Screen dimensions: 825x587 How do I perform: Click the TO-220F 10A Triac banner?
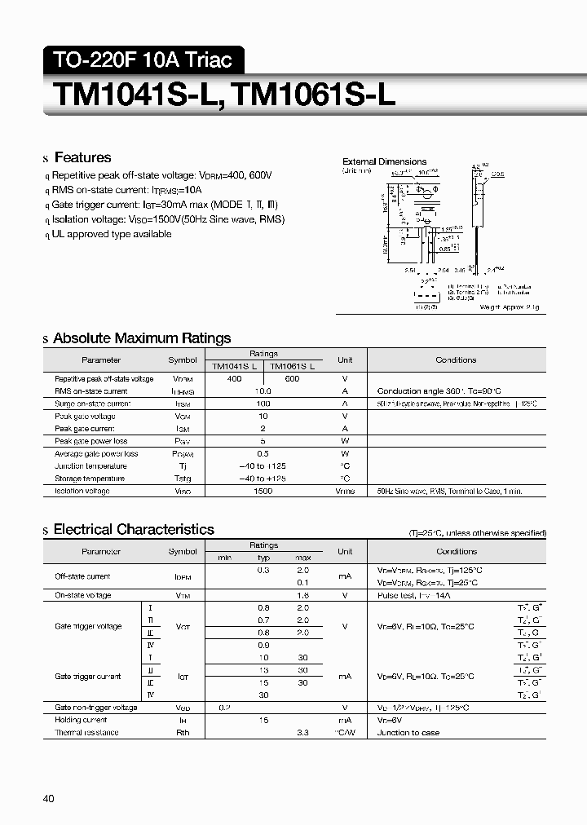point(143,60)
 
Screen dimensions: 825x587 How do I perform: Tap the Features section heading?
point(82,157)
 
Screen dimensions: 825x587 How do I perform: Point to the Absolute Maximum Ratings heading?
point(142,338)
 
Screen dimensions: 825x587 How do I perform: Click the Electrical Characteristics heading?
point(134,530)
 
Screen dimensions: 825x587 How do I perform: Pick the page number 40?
point(48,798)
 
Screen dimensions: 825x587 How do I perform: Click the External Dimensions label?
point(384,161)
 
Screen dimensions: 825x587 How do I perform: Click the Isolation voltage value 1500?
point(263,491)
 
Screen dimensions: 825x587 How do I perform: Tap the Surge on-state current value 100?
point(263,404)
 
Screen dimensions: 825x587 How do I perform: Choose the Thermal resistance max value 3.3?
point(302,733)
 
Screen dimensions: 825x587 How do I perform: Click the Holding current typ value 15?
point(263,720)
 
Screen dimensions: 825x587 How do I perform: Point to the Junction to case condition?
point(408,733)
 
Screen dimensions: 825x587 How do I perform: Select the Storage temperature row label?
point(90,479)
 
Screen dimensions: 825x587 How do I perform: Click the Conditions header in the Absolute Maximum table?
point(456,360)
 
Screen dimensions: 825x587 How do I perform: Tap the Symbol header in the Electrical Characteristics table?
point(182,551)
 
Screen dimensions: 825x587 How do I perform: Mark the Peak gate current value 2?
point(263,429)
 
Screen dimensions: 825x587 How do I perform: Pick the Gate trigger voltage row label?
point(88,626)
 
